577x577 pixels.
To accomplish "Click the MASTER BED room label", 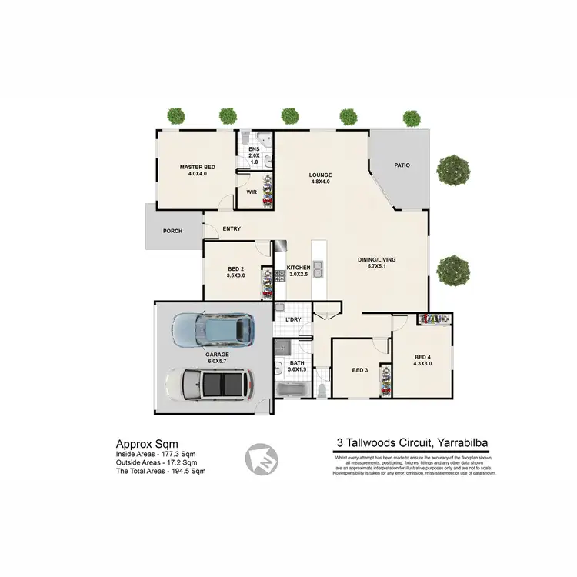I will pyautogui.click(x=197, y=167).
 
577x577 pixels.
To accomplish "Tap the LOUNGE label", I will pyautogui.click(x=320, y=175).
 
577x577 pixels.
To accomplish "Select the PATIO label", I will pyautogui.click(x=401, y=165).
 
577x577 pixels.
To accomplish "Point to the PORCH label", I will pyautogui.click(x=172, y=231).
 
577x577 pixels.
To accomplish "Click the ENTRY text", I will pyautogui.click(x=232, y=228).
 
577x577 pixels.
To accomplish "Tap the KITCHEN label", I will pyautogui.click(x=298, y=268).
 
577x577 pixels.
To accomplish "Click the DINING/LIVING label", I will pyautogui.click(x=376, y=260).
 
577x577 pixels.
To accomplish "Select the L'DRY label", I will pyautogui.click(x=292, y=319).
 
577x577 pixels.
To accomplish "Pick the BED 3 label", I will pyautogui.click(x=360, y=370).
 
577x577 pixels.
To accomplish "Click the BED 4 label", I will pyautogui.click(x=422, y=357).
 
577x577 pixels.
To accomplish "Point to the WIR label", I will pyautogui.click(x=250, y=193).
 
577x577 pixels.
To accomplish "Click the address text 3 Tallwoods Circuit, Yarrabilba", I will pyautogui.click(x=413, y=442).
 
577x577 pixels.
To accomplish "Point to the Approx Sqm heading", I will pyautogui.click(x=147, y=444).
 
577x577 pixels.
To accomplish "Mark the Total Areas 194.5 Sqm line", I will pyautogui.click(x=161, y=471).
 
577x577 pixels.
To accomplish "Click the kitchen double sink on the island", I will pyautogui.click(x=318, y=270).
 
